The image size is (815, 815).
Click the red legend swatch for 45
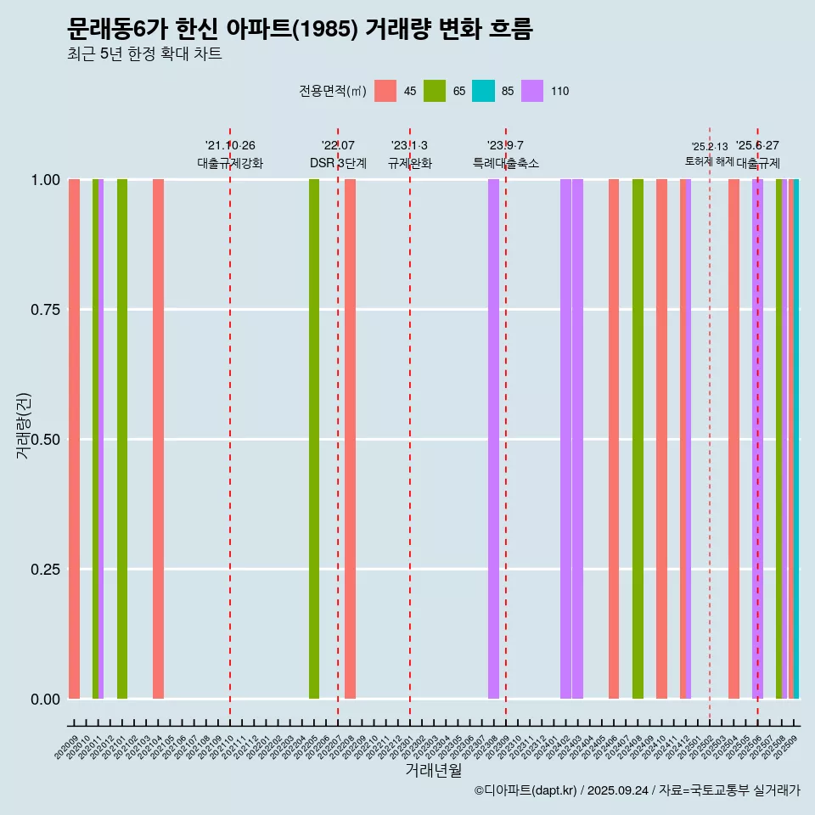coord(385,91)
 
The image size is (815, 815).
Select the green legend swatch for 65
coord(435,91)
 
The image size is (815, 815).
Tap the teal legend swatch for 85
coord(483,91)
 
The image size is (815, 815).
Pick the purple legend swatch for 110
coord(532,91)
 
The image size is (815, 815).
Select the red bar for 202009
coord(74,439)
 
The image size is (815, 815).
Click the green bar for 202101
coord(122,439)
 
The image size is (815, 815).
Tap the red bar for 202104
coord(158,439)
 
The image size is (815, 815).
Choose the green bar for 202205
coord(314,439)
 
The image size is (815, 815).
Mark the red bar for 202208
coord(350,439)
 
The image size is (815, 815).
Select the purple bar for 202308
coord(493,439)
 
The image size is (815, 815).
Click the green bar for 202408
coord(638,439)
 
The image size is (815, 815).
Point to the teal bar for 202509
coord(796,439)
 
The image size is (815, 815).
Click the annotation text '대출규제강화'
coord(230,163)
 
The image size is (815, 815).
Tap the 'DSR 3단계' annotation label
coord(338,163)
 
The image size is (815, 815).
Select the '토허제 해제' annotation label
coord(710,160)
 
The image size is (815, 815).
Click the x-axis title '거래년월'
coord(433,770)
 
